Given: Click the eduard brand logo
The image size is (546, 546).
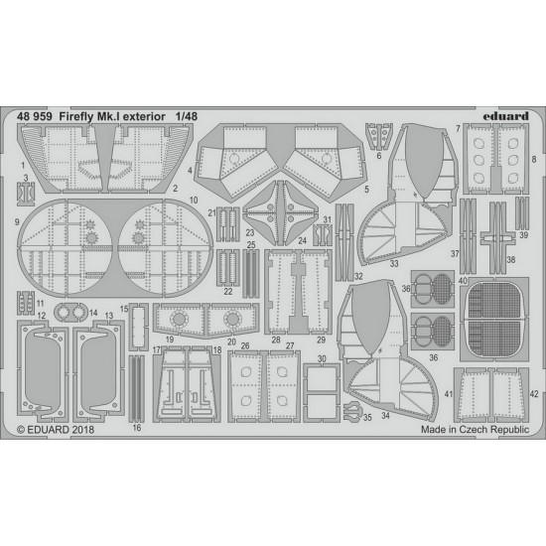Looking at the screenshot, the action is tap(505, 116).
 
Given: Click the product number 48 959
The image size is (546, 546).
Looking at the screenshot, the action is tap(35, 117).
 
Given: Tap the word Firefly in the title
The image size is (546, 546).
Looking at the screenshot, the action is tap(76, 117).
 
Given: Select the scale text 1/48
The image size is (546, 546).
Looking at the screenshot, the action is tap(187, 117).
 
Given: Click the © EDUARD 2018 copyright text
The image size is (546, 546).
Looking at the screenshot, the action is tap(56, 429).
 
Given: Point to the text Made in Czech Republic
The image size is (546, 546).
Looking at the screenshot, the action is tap(475, 429).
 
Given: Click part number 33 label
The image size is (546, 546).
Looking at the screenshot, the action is tap(394, 264).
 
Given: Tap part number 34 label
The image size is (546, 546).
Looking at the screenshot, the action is tap(385, 415).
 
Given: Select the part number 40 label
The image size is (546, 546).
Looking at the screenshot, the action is tap(463, 281).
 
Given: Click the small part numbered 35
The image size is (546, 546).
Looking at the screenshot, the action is tap(351, 411).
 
